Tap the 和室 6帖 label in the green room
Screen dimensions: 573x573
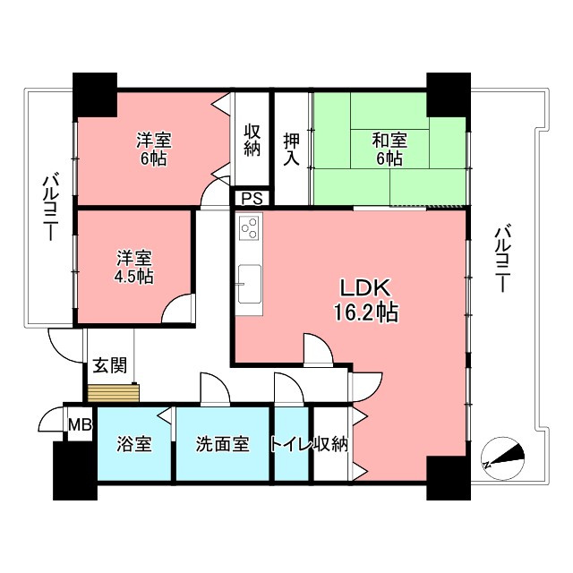coord(389,149)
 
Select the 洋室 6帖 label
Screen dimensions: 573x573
coord(153,149)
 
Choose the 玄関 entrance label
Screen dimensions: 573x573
coord(108,365)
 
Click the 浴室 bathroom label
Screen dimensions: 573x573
coord(134,443)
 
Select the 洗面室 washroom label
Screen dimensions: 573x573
coord(222,443)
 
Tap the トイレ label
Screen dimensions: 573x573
coord(290,443)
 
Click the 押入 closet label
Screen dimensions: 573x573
coord(292,149)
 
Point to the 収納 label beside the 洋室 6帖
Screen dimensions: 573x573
coord(252,140)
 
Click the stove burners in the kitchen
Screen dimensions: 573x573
coord(249,228)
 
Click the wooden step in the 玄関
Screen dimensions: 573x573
coord(114,393)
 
